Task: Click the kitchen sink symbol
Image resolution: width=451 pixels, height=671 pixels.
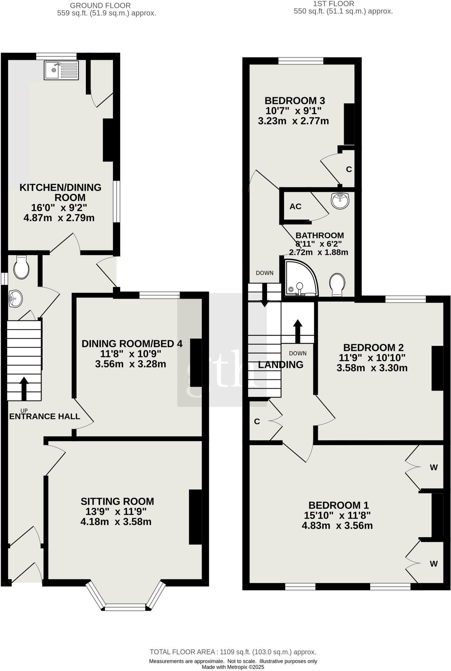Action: (x=61, y=70)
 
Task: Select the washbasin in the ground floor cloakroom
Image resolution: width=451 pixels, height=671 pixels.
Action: (x=15, y=298)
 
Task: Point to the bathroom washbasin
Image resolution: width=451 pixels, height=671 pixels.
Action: (x=340, y=200)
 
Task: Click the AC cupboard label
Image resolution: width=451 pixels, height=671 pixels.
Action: (x=295, y=207)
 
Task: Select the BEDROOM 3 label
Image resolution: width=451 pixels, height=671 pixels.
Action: (x=295, y=100)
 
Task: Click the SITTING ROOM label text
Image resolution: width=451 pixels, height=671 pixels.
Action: (x=117, y=501)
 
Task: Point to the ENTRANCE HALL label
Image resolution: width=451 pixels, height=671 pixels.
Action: (x=45, y=416)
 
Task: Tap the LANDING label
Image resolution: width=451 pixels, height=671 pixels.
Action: (x=280, y=365)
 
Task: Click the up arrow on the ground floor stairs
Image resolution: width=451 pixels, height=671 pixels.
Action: (x=24, y=388)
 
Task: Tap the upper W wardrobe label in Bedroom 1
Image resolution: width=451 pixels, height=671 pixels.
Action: (x=433, y=468)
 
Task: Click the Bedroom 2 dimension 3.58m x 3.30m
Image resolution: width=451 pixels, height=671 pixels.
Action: (x=372, y=368)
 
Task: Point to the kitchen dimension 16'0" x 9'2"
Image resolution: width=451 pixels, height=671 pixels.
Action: (x=59, y=208)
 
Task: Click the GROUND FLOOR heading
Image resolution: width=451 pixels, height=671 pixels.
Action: (x=100, y=6)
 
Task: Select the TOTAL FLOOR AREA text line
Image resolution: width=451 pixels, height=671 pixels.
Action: (x=233, y=652)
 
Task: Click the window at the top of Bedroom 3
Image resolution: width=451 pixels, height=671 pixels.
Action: (x=301, y=61)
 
